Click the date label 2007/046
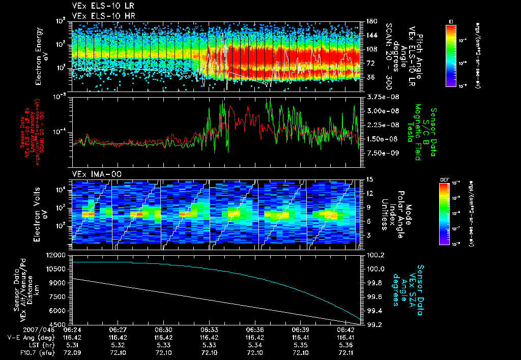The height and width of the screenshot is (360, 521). pos(21,329)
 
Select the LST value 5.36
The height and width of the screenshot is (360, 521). pos(346,344)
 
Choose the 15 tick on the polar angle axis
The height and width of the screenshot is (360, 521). pos(369,179)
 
